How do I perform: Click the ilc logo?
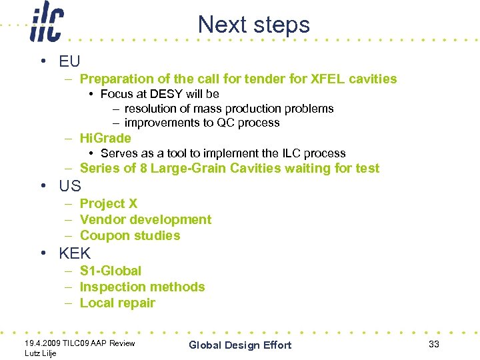coord(46,24)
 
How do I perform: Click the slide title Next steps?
coord(254,25)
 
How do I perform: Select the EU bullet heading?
coord(69,61)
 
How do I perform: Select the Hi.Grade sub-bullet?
coord(105,138)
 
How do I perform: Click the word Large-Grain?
coord(189,168)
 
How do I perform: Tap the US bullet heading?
coord(69,186)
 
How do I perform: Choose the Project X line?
coord(109,203)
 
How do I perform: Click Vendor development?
coord(145,219)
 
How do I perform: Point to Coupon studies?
coord(130,235)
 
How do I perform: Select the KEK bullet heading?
coord(75,253)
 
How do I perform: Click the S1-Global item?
coord(111,271)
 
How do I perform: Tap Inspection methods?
coord(142,287)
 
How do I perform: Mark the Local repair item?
coord(117,303)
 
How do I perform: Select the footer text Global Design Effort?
coord(240,345)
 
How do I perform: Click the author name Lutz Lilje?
coord(40,353)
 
